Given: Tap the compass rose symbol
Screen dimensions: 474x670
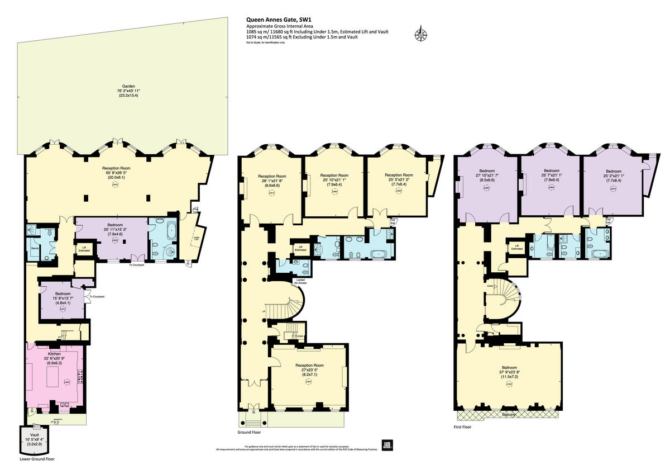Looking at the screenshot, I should click(420, 34).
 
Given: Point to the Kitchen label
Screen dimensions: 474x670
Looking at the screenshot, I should click(55, 354).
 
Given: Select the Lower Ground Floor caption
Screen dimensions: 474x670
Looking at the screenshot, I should click(37, 458).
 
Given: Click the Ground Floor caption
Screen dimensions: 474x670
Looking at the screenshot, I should click(249, 432).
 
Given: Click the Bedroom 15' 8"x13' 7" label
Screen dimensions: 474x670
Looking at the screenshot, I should click(63, 293).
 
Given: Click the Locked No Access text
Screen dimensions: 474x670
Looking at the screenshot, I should click(300, 280).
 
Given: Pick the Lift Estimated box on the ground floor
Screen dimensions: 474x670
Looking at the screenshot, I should click(300, 248).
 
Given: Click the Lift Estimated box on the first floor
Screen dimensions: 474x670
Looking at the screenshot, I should click(517, 247).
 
